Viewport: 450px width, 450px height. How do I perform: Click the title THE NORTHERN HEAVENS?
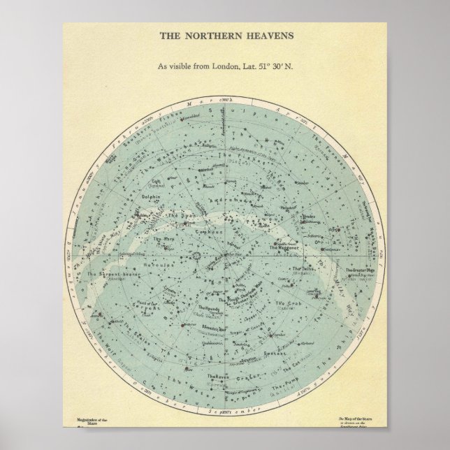pos(225,34)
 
